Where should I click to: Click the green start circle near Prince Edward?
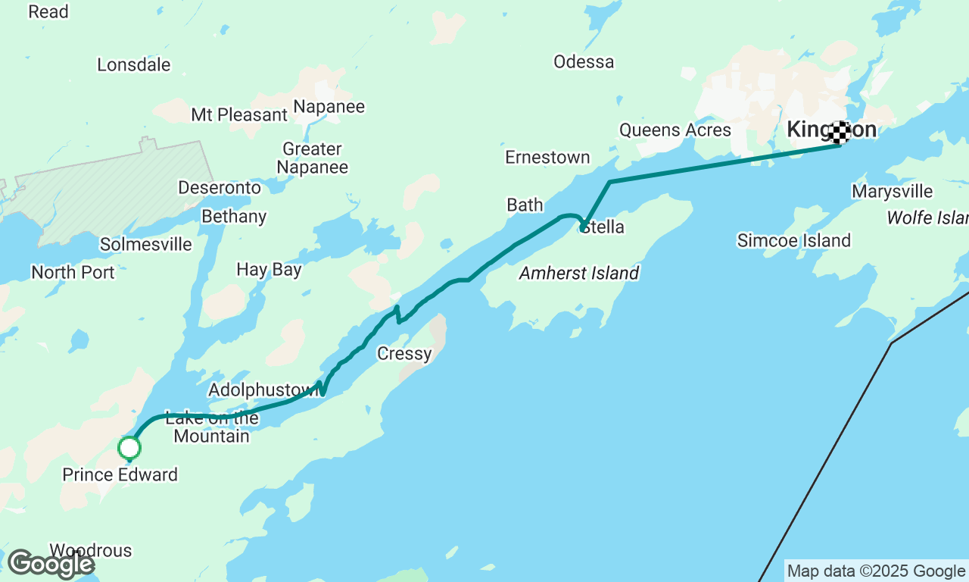(129, 448)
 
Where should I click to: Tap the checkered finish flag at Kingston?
(839, 133)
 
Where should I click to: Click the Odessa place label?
(584, 61)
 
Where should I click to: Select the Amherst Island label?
(579, 273)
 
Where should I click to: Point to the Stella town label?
(603, 227)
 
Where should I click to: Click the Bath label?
(525, 205)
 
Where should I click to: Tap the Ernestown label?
(547, 157)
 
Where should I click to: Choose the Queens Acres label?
(675, 130)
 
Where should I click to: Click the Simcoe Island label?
(794, 240)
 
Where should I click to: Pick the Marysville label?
(892, 191)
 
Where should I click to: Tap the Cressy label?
(404, 353)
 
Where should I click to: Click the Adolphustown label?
(263, 390)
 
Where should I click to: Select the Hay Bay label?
(269, 269)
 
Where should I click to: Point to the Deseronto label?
(220, 187)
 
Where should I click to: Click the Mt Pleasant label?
(239, 114)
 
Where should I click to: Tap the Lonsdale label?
(134, 64)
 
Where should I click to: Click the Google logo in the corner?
(51, 564)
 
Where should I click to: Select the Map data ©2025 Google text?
(876, 571)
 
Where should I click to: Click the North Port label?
(73, 272)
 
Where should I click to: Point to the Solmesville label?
(146, 244)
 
